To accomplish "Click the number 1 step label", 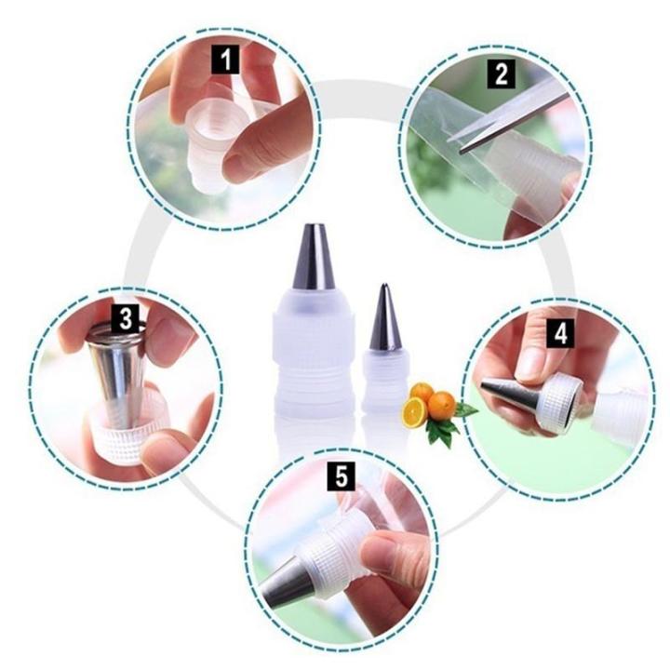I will click(223, 62).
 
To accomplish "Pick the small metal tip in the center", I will click(384, 319).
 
